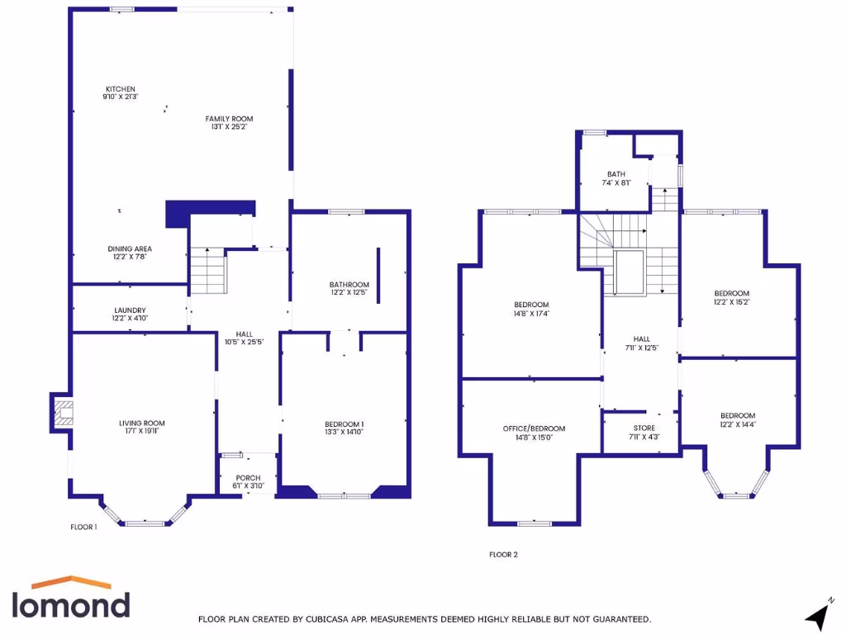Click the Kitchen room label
(120, 89)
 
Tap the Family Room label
(229, 119)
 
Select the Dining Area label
(130, 248)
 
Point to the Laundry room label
(129, 310)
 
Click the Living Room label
(142, 423)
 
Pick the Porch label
(248, 478)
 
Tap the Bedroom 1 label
(345, 424)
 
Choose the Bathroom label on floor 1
(349, 285)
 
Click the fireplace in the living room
(60, 411)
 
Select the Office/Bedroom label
(534, 428)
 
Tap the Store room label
(644, 428)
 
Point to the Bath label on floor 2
(616, 174)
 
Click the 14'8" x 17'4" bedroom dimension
(530, 314)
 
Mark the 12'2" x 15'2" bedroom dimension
(731, 302)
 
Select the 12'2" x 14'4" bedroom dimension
(737, 424)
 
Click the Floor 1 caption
(83, 527)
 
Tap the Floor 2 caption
(503, 555)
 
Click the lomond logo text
(70, 604)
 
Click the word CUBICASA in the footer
(330, 618)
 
